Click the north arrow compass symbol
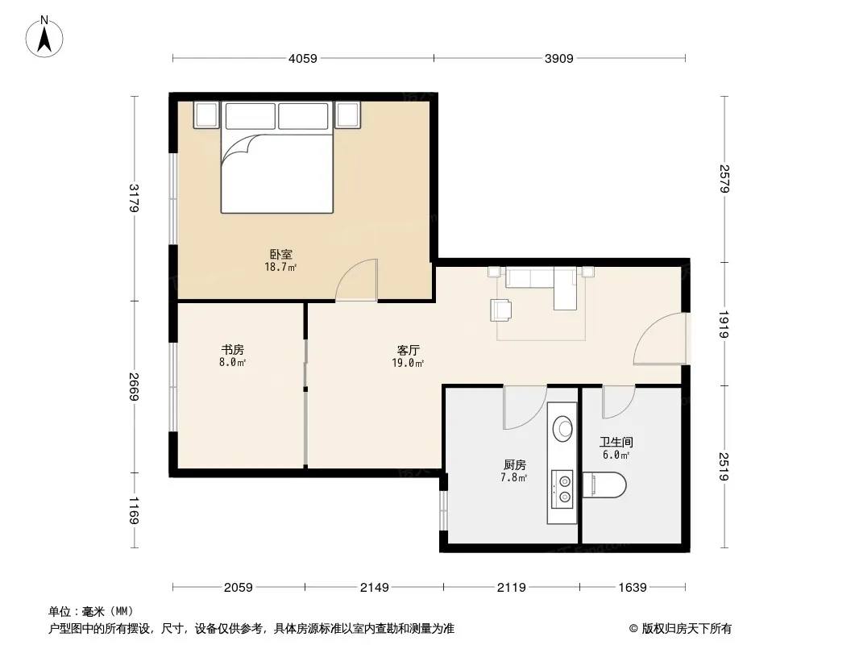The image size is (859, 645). [44, 37]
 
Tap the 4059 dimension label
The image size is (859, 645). [303, 58]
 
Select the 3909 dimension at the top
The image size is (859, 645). [558, 58]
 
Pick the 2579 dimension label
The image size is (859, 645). [724, 179]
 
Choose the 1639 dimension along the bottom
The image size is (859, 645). [633, 588]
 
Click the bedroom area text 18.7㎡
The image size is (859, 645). [280, 268]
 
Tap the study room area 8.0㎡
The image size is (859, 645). [232, 362]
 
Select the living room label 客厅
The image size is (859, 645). [408, 350]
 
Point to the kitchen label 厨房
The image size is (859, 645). [514, 464]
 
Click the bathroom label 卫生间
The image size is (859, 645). [616, 442]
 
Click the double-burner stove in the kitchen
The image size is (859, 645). [562, 489]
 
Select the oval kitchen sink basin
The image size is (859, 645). [562, 429]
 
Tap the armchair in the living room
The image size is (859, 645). [501, 310]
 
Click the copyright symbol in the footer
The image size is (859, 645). [634, 629]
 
